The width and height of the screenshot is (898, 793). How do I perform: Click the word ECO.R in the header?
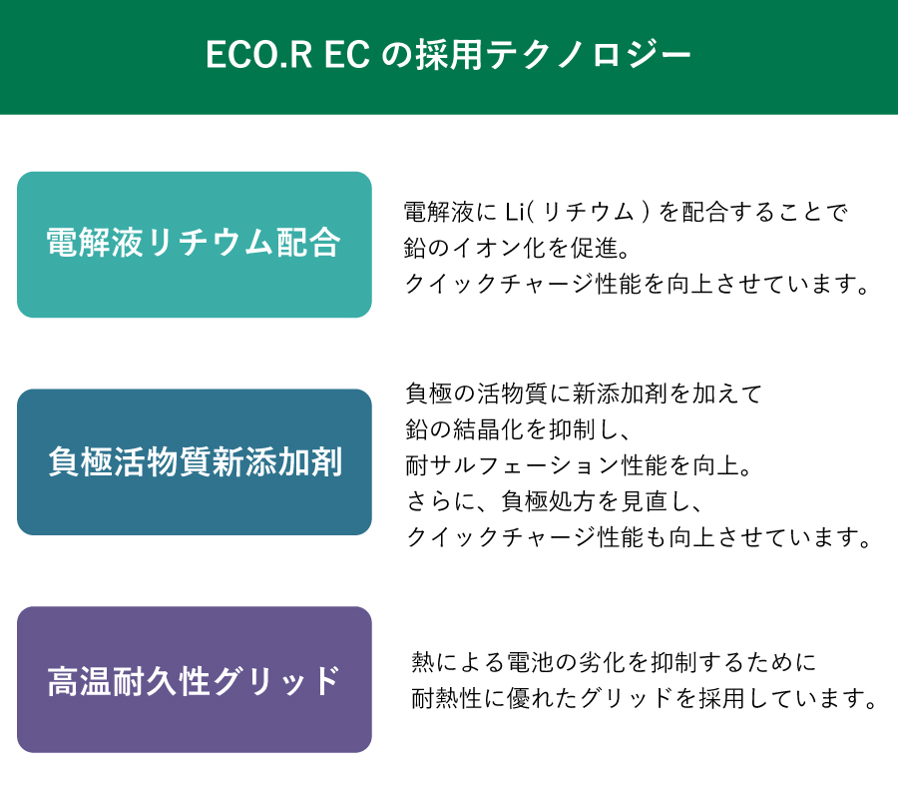pyautogui.click(x=258, y=55)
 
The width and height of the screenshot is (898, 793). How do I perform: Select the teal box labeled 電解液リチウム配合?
pyautogui.click(x=195, y=245)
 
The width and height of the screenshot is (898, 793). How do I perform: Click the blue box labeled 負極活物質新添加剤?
pyautogui.click(x=195, y=462)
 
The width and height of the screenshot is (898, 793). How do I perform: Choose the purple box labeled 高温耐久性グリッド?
pyautogui.click(x=195, y=679)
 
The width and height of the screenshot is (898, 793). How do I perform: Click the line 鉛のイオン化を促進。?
pyautogui.click(x=517, y=248)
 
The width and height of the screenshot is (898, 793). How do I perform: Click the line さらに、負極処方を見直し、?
pyautogui.click(x=555, y=501)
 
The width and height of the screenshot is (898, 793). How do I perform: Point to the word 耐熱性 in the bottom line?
pyautogui.click(x=447, y=698)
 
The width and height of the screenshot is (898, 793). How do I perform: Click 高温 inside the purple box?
pyautogui.click(x=80, y=681)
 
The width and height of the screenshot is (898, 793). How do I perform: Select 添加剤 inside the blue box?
pyautogui.click(x=293, y=461)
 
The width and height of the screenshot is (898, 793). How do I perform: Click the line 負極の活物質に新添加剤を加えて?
pyautogui.click(x=584, y=394)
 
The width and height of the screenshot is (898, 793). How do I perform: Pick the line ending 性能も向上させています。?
pyautogui.click(x=639, y=537)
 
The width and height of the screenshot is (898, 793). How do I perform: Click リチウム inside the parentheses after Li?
pyautogui.click(x=588, y=212)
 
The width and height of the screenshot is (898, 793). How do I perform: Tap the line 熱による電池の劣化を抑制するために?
pyautogui.click(x=614, y=662)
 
